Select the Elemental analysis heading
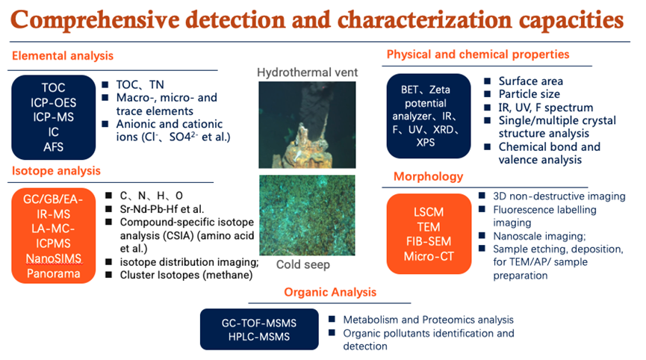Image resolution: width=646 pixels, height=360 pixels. pos(63,55)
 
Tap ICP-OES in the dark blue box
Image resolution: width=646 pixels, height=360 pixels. pos(54,102)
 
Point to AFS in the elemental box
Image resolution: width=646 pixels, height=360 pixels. pos(54,147)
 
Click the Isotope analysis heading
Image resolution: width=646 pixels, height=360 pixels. pos(56,170)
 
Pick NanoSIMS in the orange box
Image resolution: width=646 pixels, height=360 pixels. pos(54,258)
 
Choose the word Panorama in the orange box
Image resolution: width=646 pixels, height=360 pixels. pos(54,273)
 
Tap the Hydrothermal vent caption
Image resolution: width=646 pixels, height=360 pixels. pos(308,72)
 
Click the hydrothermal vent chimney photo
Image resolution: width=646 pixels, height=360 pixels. pos(308,125)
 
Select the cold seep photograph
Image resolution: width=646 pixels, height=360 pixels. pos(308,215)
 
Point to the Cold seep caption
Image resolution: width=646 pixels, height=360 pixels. pos(303,264)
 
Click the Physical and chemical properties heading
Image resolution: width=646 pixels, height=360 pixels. pos(478,55)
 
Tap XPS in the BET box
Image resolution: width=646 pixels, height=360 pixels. pos(426,143)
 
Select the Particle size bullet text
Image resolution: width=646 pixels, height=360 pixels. pos(529,94)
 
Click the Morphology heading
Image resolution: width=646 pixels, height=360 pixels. pos(429,176)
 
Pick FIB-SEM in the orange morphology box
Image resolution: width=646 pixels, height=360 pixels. pos(429,241)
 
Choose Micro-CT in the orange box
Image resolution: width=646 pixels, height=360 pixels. pos(429,256)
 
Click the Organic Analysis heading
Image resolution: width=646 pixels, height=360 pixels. pos(330,292)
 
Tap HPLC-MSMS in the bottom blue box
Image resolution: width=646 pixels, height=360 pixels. pos(259,337)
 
